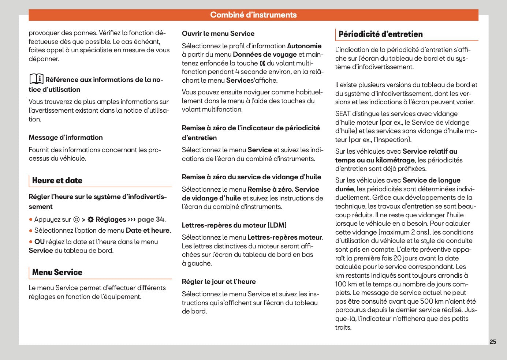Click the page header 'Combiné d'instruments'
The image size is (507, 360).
tap(253, 15)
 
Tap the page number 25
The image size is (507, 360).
tap(493, 342)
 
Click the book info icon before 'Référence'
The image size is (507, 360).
tap(36, 79)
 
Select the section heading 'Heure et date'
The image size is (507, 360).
tap(57, 180)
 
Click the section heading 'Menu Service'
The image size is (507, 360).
tap(57, 272)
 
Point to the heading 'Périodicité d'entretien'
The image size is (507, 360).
tap(380, 34)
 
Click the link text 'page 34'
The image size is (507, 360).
tap(150, 220)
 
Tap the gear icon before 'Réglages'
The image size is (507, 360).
tap(90, 220)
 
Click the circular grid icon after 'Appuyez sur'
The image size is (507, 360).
tap(76, 220)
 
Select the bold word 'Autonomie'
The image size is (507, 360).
tap(304, 46)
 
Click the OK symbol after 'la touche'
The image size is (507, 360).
tap(262, 63)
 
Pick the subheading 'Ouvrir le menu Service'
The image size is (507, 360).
tap(218, 34)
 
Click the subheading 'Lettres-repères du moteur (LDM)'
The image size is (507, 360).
tap(234, 225)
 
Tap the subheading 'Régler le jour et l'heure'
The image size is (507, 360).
tap(219, 282)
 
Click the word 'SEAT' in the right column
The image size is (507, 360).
tap(343, 114)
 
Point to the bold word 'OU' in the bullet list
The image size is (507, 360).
tap(39, 242)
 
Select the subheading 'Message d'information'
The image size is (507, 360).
tap(66, 138)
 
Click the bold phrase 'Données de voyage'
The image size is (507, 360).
tap(265, 55)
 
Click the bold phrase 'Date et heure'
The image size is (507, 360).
tap(148, 230)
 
